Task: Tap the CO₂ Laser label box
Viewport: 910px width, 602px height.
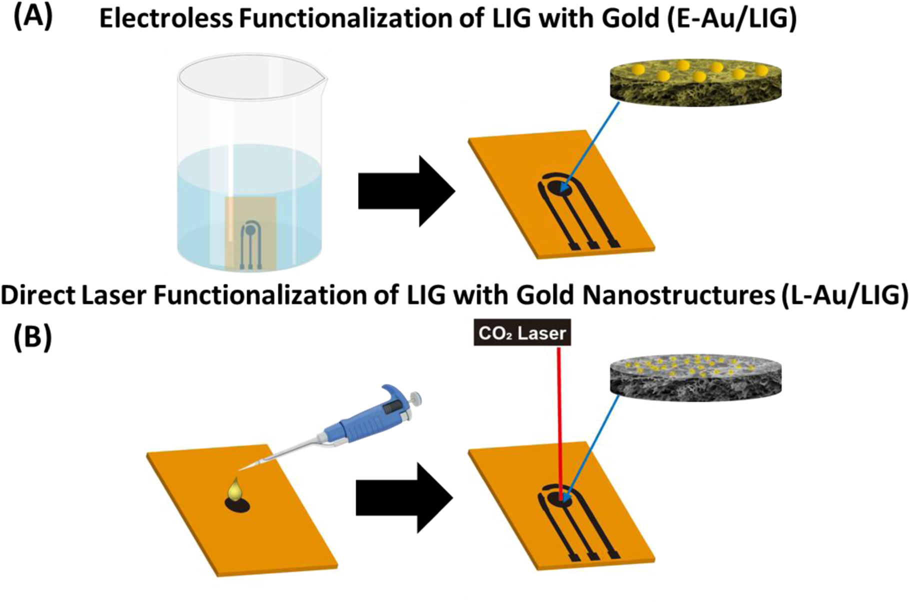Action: pyautogui.click(x=522, y=333)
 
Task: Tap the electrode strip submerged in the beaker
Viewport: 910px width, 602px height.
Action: pyautogui.click(x=250, y=233)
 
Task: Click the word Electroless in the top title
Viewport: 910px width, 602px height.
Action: pyautogui.click(x=166, y=19)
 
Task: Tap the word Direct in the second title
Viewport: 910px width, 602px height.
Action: pyautogui.click(x=38, y=295)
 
